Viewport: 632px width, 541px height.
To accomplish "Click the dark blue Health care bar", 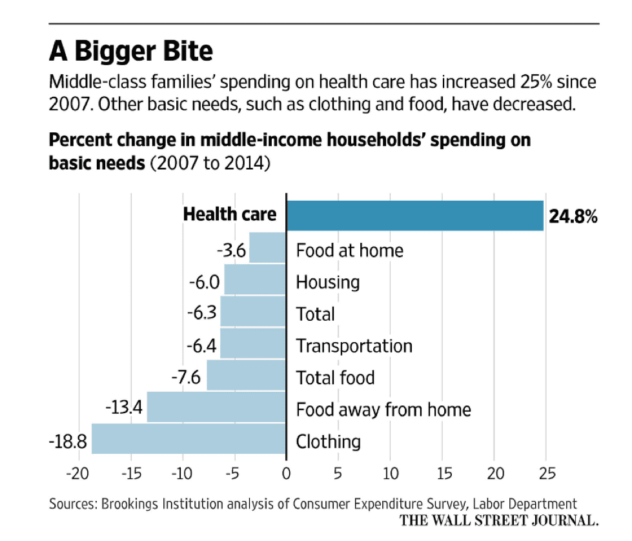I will coord(414,216).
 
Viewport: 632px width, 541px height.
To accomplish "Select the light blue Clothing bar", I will coord(189,440).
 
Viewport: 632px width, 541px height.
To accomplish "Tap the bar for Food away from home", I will coord(216,407).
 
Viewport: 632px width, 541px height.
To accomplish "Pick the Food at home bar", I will coord(267,248).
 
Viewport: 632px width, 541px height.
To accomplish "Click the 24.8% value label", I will coord(573,217).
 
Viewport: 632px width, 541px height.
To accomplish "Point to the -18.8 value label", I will coord(68,442).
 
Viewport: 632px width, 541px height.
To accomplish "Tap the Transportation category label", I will coord(354,345).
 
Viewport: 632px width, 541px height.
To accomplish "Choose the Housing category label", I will coord(327,282).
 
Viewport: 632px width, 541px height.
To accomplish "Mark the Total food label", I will coord(334,377).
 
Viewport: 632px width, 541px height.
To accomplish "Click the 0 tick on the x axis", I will coord(286,473).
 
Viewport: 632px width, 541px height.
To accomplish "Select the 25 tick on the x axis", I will coord(545,473).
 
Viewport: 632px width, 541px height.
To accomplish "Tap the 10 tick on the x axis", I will coord(389,473).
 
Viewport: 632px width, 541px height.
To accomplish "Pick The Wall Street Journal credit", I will coord(498,520).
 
